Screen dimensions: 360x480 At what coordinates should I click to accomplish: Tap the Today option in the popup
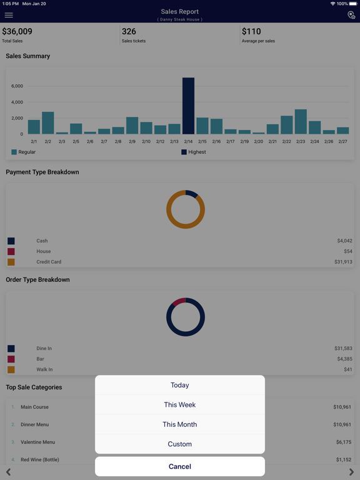pyautogui.click(x=180, y=385)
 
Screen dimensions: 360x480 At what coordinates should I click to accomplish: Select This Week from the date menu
pyautogui.click(x=180, y=405)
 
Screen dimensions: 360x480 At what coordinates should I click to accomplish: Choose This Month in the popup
pyautogui.click(x=180, y=424)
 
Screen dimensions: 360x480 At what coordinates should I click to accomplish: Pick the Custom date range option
pyautogui.click(x=180, y=444)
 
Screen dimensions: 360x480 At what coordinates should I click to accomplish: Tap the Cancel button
pyautogui.click(x=180, y=466)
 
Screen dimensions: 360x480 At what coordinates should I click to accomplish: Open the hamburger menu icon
pyautogui.click(x=9, y=15)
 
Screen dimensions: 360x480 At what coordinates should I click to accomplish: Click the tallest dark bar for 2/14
pyautogui.click(x=188, y=106)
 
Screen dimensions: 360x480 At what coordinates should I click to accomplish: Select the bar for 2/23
pyautogui.click(x=301, y=121)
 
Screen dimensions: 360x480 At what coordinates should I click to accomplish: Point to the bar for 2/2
pyautogui.click(x=47, y=122)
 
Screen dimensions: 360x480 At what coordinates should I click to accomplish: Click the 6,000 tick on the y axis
pyautogui.click(x=17, y=86)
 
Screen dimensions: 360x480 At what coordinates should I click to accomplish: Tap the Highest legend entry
pyautogui.click(x=194, y=152)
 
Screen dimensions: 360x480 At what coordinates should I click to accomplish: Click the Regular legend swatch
pyautogui.click(x=14, y=152)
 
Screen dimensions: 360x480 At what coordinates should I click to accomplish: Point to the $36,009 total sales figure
pyautogui.click(x=17, y=31)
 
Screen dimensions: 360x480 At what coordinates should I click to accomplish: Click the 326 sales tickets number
pyautogui.click(x=129, y=31)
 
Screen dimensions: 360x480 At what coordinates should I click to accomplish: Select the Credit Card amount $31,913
pyautogui.click(x=343, y=262)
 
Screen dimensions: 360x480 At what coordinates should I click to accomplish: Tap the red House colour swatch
pyautogui.click(x=11, y=251)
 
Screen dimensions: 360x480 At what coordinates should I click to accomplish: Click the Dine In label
pyautogui.click(x=44, y=348)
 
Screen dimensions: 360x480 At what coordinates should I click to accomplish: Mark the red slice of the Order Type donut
pyautogui.click(x=179, y=301)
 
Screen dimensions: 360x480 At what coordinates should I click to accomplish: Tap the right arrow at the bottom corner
pyautogui.click(x=351, y=472)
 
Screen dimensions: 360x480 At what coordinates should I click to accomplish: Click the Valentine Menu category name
pyautogui.click(x=38, y=442)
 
